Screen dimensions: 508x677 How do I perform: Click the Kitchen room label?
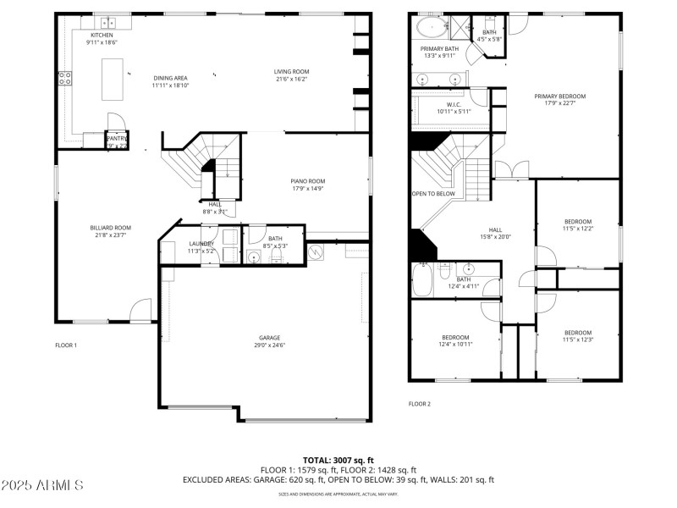tap(102, 35)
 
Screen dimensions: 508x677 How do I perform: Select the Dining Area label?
tap(170, 78)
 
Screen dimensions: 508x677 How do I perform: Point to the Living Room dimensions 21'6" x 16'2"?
tap(291, 79)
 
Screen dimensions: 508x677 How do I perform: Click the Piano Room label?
tap(308, 181)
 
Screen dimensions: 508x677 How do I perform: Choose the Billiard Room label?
tap(111, 228)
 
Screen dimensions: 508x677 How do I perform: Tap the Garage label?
tap(269, 338)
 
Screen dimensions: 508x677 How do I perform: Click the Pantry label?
tap(117, 138)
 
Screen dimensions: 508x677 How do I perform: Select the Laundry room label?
tap(201, 243)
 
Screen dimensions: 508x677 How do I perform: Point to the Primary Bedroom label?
tap(559, 97)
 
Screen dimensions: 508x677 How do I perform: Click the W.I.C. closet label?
tap(454, 105)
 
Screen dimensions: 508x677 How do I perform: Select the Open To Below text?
tap(433, 194)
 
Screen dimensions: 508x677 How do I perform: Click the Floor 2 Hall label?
tap(495, 230)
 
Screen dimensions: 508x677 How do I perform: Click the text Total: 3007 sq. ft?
tap(338, 460)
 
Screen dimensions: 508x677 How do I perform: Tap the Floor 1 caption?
tap(66, 345)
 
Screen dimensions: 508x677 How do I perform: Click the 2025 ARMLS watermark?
tap(42, 486)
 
